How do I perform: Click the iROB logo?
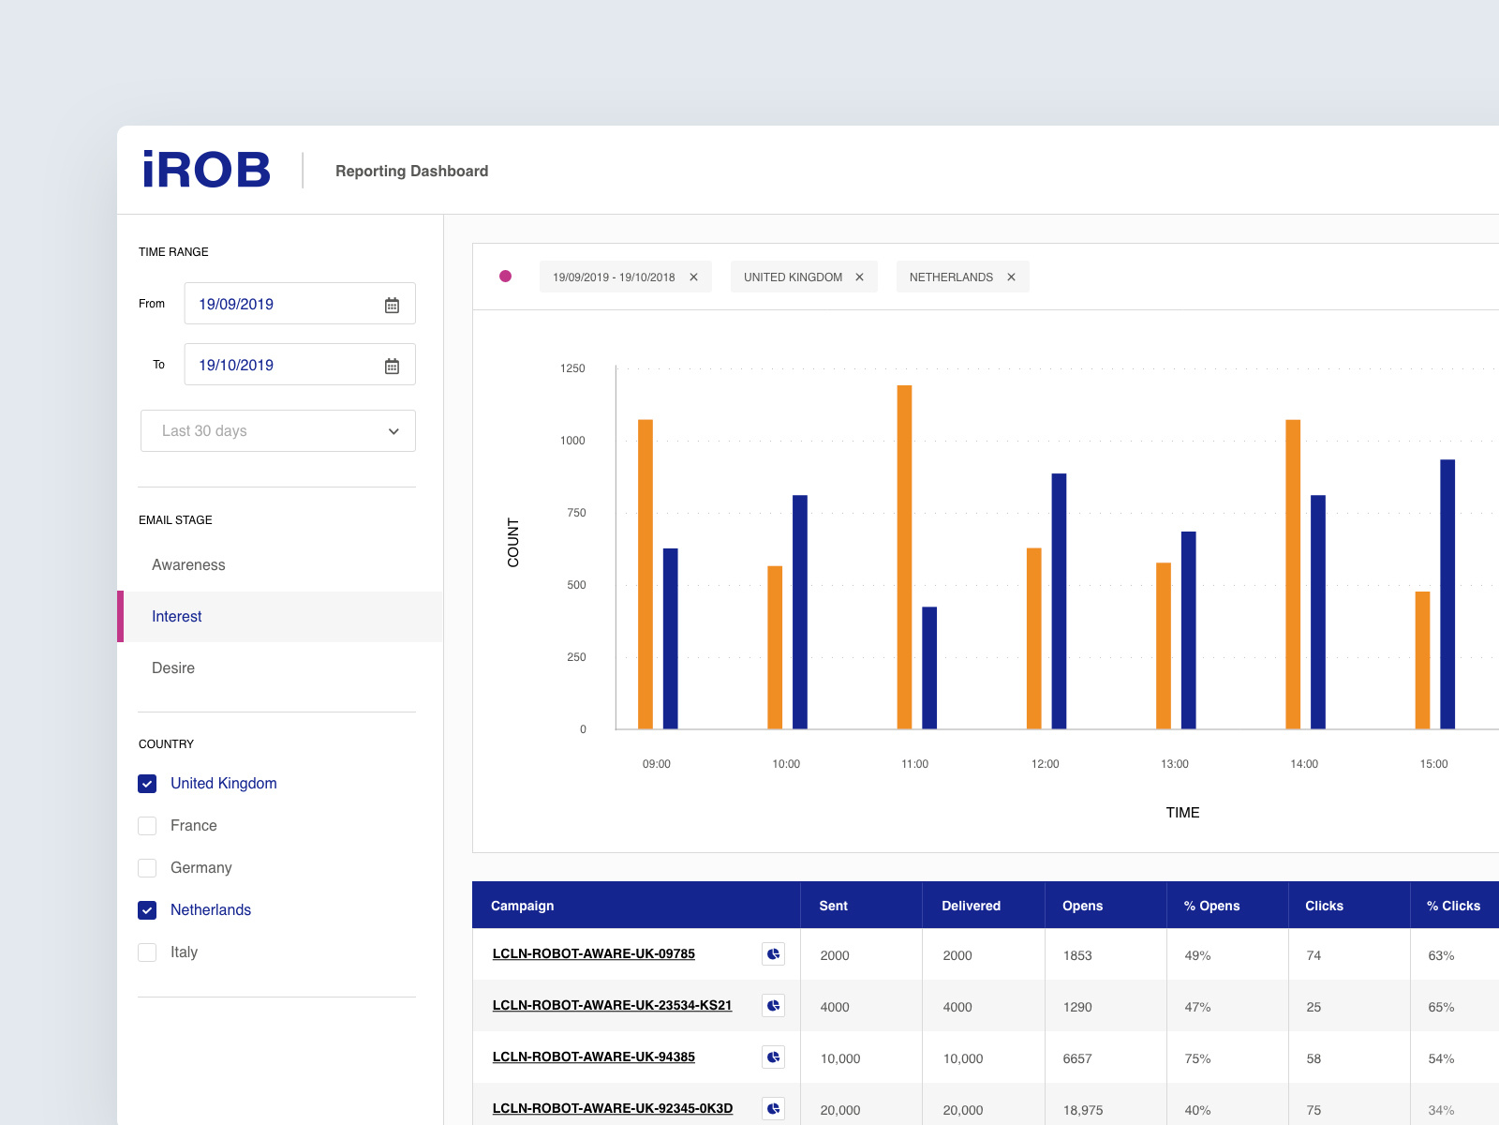(206, 171)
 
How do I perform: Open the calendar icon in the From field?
(392, 305)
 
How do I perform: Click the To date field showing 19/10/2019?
(281, 365)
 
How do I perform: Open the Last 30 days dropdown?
(278, 431)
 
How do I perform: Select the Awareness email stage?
(188, 565)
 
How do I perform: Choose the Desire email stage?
(173, 668)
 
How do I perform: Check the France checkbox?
(147, 826)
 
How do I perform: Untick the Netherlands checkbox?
(147, 910)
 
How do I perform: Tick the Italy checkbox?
(147, 952)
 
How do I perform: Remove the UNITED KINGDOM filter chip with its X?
(859, 277)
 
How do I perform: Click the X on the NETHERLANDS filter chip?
(1011, 277)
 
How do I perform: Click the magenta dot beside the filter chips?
(505, 277)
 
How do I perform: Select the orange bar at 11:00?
(904, 557)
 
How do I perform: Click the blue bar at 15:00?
(1447, 594)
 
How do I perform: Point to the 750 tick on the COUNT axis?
(576, 513)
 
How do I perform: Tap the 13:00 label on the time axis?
(1174, 764)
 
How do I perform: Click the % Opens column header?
(1211, 906)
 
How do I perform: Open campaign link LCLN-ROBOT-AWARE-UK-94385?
(593, 1057)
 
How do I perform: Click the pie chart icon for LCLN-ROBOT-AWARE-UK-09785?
(773, 954)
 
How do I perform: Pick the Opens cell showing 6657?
(1077, 1058)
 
